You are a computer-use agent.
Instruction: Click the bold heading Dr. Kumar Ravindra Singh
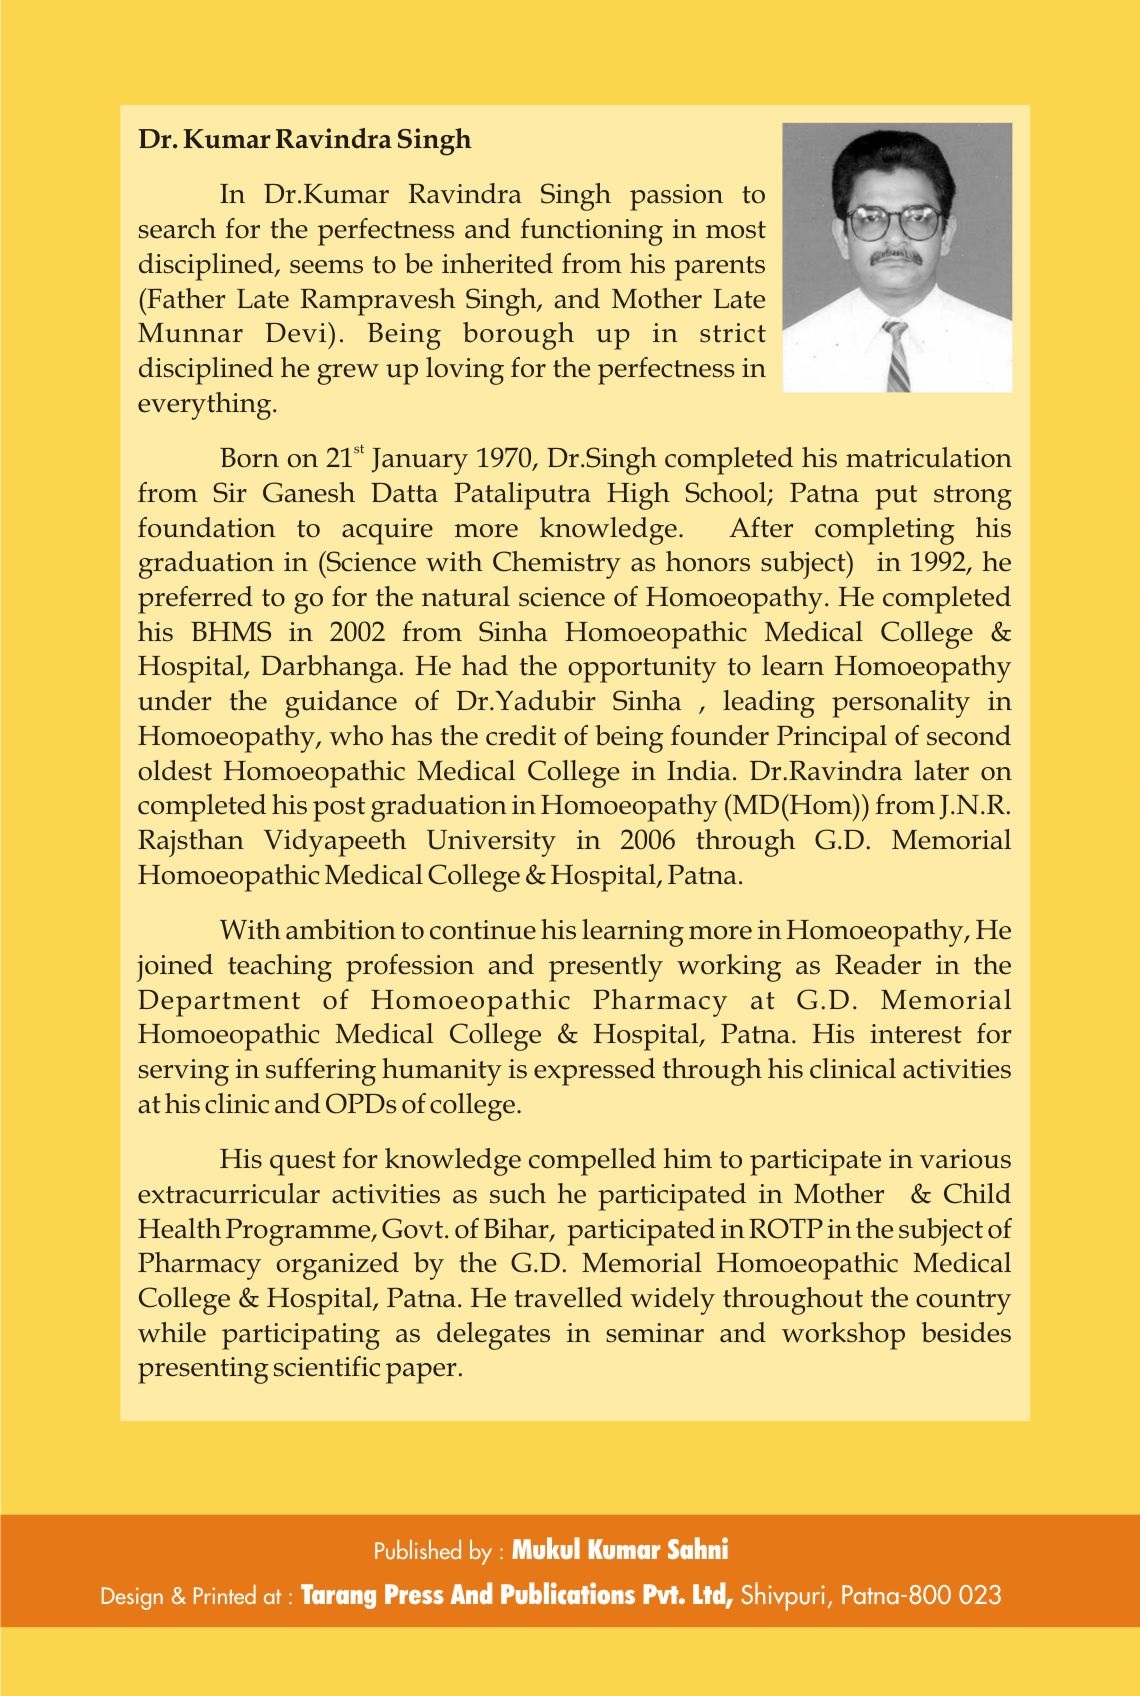tap(304, 139)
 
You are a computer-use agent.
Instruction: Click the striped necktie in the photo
tap(897, 355)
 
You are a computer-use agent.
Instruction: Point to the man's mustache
tap(894, 256)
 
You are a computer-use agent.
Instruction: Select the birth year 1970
tap(508, 459)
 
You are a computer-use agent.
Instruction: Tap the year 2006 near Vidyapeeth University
tap(647, 840)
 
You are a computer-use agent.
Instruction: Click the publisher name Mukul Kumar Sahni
tap(620, 1551)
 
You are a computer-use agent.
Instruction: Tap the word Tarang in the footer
tap(337, 1595)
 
